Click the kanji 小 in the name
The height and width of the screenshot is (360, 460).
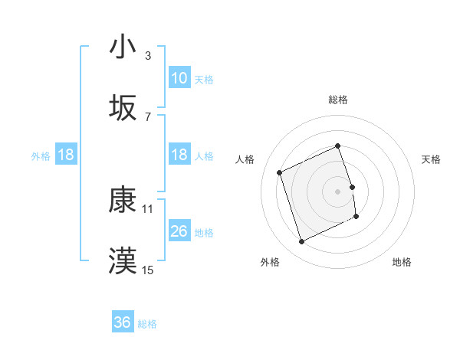click(123, 47)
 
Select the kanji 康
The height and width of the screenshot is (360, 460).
click(123, 200)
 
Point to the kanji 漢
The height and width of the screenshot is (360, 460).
click(123, 261)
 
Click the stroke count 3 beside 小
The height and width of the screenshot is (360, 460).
click(147, 56)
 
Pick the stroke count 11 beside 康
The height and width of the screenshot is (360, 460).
click(148, 208)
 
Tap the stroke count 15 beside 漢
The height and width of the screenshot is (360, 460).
click(148, 270)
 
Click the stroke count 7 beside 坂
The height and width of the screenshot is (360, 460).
click(147, 116)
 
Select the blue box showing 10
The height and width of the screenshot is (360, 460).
click(179, 78)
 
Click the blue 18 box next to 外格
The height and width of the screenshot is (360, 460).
click(66, 155)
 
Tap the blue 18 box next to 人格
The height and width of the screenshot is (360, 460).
click(179, 155)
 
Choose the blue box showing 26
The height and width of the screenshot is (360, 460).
click(179, 231)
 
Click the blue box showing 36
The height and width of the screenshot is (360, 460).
click(123, 323)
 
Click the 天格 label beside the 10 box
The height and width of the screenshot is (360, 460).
click(204, 79)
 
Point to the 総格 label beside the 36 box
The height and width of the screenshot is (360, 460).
click(147, 324)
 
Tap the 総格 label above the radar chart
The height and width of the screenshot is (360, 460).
click(337, 100)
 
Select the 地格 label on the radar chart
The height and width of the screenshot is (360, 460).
click(402, 262)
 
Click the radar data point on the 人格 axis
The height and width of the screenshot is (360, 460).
click(281, 172)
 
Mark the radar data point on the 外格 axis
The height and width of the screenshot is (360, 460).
click(301, 242)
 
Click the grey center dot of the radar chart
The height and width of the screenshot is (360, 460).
click(337, 191)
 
